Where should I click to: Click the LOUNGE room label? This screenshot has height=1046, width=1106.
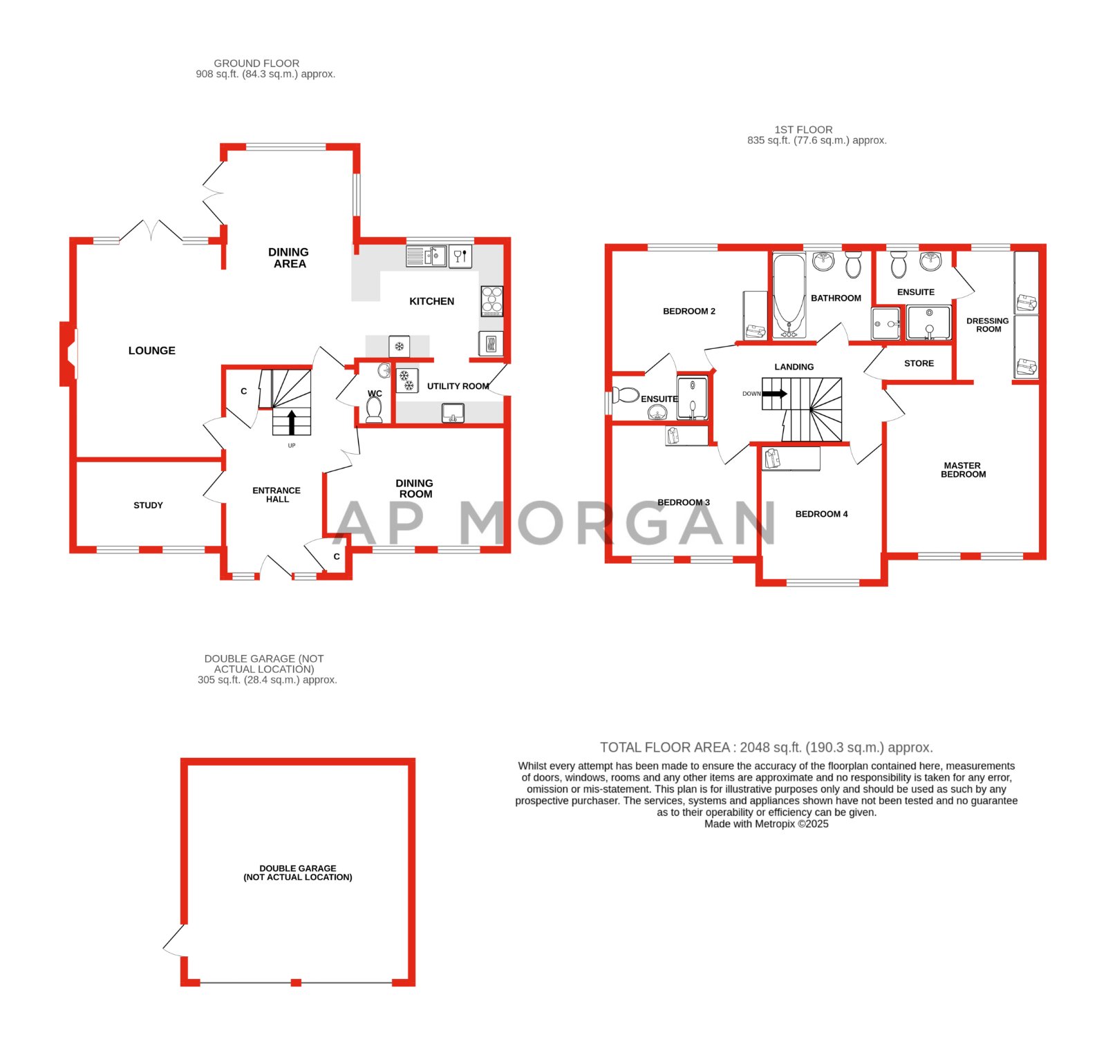[152, 350]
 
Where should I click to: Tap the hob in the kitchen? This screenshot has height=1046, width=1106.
[491, 301]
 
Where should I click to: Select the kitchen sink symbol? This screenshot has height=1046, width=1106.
[435, 256]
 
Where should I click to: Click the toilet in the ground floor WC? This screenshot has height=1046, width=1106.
[374, 410]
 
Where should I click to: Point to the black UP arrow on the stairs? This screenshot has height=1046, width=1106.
[292, 422]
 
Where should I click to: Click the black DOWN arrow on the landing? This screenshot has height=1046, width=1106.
[774, 394]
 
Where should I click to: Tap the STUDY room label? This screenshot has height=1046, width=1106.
[148, 505]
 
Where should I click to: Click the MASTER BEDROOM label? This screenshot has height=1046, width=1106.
[962, 470]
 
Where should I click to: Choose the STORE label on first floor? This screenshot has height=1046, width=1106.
[919, 363]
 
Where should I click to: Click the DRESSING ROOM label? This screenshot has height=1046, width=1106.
[988, 325]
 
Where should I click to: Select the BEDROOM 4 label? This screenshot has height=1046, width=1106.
[821, 514]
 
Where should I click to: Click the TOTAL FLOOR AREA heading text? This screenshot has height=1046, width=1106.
[766, 747]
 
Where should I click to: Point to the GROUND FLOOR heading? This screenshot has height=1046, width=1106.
[256, 63]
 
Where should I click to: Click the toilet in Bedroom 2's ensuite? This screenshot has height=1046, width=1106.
[626, 395]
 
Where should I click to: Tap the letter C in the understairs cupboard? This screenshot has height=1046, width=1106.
[243, 391]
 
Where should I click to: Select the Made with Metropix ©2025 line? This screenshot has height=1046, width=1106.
[766, 824]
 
